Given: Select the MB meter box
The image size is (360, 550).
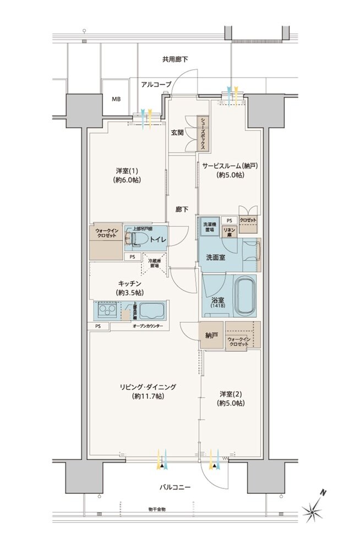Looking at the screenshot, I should [116, 100].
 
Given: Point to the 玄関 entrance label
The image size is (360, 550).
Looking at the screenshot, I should [177, 133].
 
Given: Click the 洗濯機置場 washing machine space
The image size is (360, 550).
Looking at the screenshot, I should [210, 227].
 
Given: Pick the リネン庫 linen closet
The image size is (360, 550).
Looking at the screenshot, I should [229, 232].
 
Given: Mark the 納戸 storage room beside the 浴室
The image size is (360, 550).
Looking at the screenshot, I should [212, 335].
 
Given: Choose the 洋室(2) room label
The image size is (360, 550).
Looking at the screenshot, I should [231, 398].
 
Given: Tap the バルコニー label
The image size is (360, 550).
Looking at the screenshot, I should [176, 487].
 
